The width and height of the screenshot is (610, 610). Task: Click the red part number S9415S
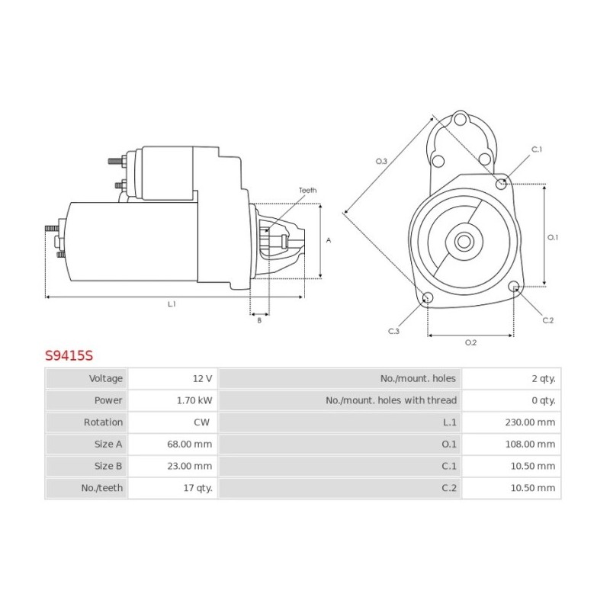pos(69,355)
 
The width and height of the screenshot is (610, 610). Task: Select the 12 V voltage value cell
pos(173,378)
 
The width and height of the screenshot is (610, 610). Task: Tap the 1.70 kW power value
pos(194,400)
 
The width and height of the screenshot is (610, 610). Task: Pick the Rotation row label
pos(103,422)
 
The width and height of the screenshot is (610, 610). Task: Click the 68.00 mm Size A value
pos(189,444)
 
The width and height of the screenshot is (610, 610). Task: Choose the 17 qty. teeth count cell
pos(173,488)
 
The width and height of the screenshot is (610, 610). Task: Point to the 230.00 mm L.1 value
pos(530,422)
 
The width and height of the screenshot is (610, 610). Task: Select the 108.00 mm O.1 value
pos(530,444)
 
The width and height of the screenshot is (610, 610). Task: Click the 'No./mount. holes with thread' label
pos(391,400)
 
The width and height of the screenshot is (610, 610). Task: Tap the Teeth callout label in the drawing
pos(307,190)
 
